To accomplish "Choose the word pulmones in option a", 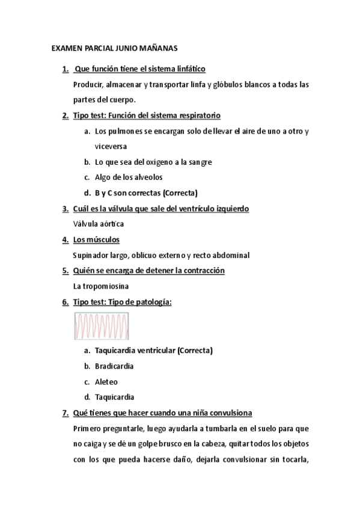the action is coord(126,131).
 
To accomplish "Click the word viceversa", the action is coord(111,146).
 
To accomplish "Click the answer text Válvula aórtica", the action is coord(98,224).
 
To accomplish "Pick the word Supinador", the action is coord(91,255).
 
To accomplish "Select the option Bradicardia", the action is coord(114,366).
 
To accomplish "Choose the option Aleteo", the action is coord(106,381).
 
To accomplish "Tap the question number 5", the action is coord(65,271).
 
